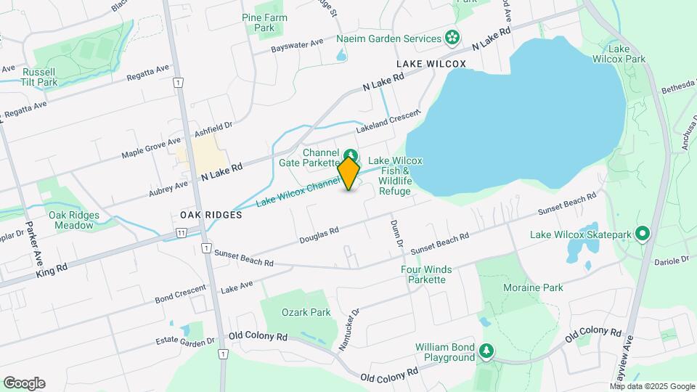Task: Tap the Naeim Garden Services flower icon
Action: tap(452, 38)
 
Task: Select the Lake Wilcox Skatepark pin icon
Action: tap(642, 234)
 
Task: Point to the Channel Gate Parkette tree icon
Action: tap(351, 155)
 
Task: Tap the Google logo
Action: tap(24, 383)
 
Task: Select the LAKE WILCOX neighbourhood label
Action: tap(431, 65)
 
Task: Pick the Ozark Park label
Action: tap(306, 312)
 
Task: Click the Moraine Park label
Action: tap(533, 287)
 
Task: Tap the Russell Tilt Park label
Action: tap(40, 77)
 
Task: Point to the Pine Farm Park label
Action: tap(265, 23)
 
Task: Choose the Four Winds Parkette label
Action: tap(426, 274)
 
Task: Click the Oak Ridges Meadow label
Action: tap(71, 220)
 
